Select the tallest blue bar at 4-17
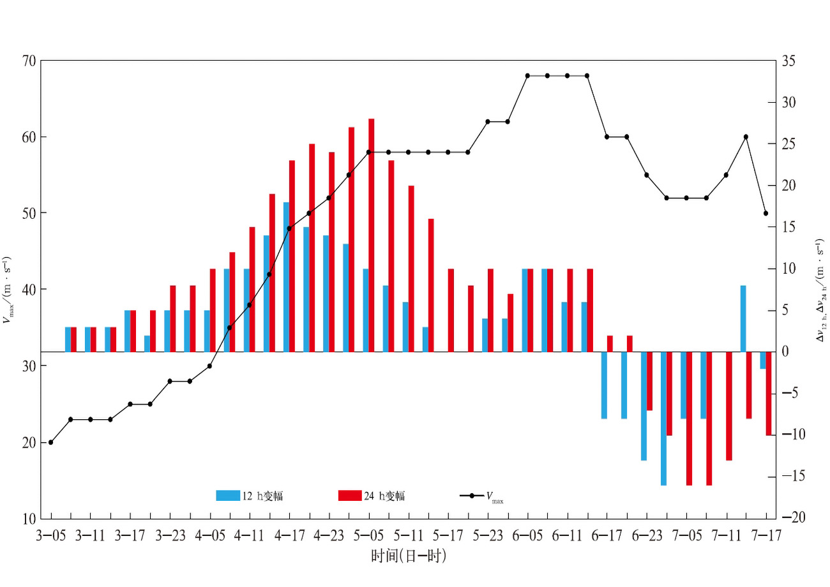286,277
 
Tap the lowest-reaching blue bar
663,419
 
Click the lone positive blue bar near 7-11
743,318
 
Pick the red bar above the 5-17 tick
451,310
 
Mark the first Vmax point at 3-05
50,442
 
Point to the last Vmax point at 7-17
766,213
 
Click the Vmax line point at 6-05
527,75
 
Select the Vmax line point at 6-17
607,137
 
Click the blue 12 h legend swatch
227,496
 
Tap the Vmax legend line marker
471,496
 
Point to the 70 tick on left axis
28,61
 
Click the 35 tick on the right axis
789,61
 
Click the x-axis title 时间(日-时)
409,557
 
